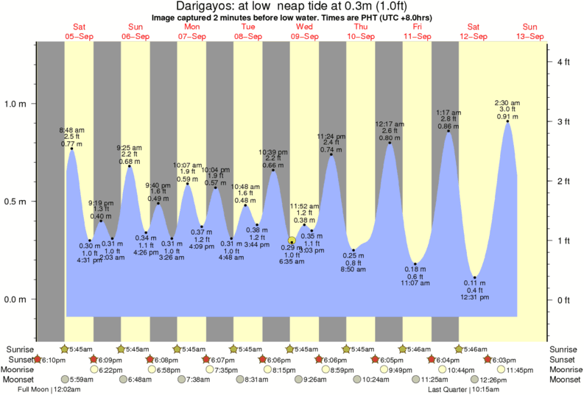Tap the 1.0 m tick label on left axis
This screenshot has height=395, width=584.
click(x=15, y=104)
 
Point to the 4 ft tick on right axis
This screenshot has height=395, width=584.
click(x=563, y=62)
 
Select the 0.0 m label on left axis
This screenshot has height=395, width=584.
click(x=15, y=299)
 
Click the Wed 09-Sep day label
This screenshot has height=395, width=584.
click(x=304, y=31)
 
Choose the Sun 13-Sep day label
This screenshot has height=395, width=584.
click(x=530, y=31)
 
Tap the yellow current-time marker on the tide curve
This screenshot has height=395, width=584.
click(x=292, y=241)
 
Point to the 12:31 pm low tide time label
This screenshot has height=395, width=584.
click(x=475, y=297)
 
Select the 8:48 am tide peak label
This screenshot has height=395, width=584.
click(x=71, y=130)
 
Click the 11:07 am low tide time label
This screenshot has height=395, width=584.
click(x=415, y=282)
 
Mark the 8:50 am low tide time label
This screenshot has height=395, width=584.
click(x=353, y=271)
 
